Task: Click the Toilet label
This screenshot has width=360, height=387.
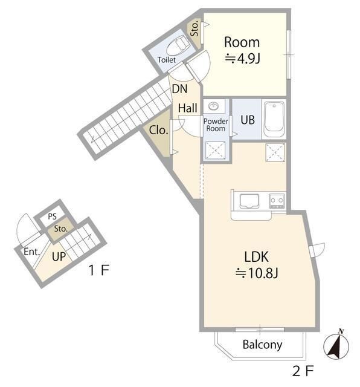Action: click(167, 60)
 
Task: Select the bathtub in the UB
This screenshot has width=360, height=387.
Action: click(274, 119)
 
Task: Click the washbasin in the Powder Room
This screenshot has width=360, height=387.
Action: click(214, 106)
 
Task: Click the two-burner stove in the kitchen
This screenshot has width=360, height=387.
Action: click(277, 200)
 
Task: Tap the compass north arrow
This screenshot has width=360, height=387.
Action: click(336, 345)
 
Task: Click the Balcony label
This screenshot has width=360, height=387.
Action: click(262, 345)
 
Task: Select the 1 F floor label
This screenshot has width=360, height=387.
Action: click(98, 270)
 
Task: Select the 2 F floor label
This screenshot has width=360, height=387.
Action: click(303, 371)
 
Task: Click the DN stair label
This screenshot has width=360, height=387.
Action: click(180, 89)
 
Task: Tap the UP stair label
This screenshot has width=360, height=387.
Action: click(59, 256)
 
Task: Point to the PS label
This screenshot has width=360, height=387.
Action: click(53, 216)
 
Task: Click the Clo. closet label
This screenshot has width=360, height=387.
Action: click(158, 130)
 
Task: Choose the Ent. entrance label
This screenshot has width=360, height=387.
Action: click(31, 252)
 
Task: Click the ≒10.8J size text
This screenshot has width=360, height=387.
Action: click(257, 273)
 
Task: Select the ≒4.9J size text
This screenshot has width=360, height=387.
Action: click(243, 59)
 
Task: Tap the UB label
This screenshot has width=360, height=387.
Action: click(248, 120)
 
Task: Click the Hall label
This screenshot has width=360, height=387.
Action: click(188, 108)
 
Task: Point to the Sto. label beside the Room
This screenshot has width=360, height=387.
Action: click(194, 28)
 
